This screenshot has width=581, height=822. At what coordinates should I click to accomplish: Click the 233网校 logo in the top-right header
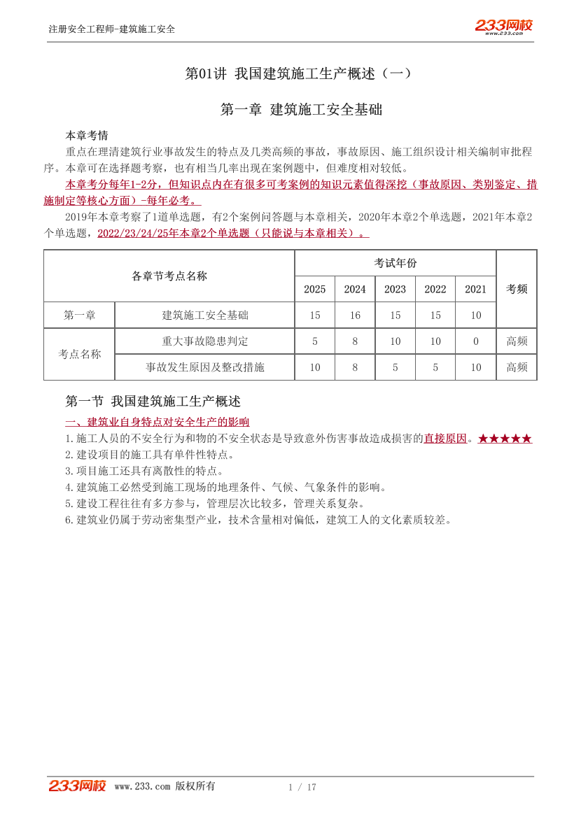tap(503, 27)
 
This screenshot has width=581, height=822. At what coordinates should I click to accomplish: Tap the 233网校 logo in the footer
tap(77, 786)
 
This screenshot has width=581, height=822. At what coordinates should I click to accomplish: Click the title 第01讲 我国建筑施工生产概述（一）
tap(299, 73)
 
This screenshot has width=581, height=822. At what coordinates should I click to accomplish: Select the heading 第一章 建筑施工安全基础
tap(301, 110)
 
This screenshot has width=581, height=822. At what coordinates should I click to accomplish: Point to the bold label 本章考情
tap(87, 135)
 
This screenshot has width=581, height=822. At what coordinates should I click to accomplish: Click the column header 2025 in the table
tap(315, 289)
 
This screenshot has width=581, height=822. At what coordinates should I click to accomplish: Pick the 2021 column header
tap(476, 289)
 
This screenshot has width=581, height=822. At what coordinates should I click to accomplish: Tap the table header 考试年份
tap(395, 263)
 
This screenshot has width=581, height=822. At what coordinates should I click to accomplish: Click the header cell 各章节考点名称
tap(169, 276)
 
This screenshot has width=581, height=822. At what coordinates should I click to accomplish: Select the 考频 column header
tap(517, 289)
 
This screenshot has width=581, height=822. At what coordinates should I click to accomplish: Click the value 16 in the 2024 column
tap(355, 316)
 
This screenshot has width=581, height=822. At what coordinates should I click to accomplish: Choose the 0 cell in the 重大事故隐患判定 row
tap(476, 341)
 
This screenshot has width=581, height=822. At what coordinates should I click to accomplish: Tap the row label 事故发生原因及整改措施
tap(205, 367)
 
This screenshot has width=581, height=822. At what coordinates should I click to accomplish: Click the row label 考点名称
tap(80, 354)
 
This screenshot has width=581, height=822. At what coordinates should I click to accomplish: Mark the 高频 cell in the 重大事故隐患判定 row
tap(517, 341)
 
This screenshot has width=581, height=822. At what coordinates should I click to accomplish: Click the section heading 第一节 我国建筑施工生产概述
tap(153, 402)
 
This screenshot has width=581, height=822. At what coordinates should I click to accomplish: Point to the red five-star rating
tap(505, 439)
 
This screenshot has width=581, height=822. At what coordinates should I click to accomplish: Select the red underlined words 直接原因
tap(445, 439)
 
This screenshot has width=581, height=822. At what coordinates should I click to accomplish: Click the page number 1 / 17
tap(302, 787)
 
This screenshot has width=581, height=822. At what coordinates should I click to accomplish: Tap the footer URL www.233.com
tap(142, 786)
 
